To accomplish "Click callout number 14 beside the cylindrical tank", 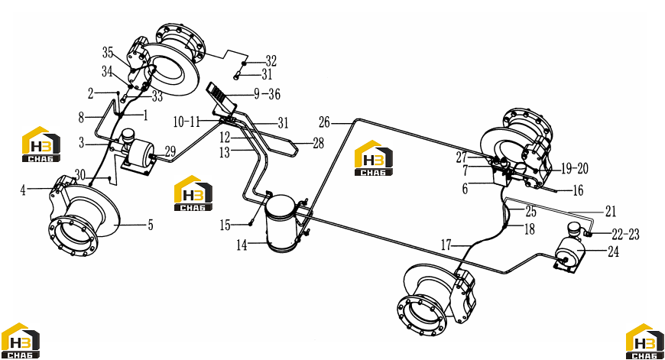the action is (x=242, y=245).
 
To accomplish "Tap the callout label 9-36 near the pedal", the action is (x=268, y=94).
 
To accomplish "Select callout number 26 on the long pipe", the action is (x=324, y=122).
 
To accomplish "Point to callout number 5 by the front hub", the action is (x=151, y=225).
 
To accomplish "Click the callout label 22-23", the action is (x=625, y=234).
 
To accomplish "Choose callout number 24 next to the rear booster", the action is (x=613, y=251).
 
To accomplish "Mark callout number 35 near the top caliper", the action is (x=108, y=52).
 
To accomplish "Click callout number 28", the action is (x=319, y=144).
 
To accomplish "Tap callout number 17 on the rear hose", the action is (x=446, y=245).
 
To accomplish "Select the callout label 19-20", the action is (x=575, y=168).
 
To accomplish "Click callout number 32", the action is (x=271, y=61).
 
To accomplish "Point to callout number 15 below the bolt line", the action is (x=225, y=225).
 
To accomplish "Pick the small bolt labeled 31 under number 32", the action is (x=237, y=76).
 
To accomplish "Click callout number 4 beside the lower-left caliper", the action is (x=23, y=190).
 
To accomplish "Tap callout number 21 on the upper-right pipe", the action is (x=611, y=211).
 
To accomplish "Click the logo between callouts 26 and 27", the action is (x=373, y=157).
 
